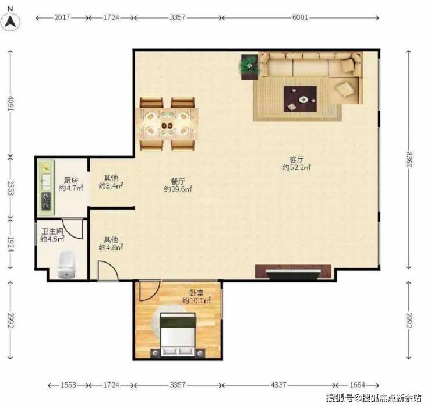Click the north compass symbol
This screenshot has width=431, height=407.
pos(10,22)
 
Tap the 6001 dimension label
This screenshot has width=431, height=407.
pos(300,17)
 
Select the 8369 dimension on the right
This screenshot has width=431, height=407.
pos(409,160)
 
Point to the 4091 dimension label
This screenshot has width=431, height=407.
pos(10,103)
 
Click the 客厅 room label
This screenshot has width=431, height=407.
pos(296,160)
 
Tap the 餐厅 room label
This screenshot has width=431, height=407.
pos(178,182)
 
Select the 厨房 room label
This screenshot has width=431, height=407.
pos(71,181)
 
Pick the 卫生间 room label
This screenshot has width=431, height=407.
pos(52,231)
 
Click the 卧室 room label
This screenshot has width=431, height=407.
pos(197,293)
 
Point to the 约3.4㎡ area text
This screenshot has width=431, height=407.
pos(111,186)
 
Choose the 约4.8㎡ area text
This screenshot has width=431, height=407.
pos(111,247)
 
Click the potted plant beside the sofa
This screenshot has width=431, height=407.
pos(249,66)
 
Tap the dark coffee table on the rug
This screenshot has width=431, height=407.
pos(300,99)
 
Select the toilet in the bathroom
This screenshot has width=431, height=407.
pos(66,265)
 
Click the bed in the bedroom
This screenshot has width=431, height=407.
pos(178,335)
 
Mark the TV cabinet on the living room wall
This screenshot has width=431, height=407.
pos(293,271)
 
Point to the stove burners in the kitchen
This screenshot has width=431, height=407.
pos(46,201)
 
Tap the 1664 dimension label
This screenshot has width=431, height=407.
pos(357,385)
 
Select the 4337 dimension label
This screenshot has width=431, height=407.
pos(278,385)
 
